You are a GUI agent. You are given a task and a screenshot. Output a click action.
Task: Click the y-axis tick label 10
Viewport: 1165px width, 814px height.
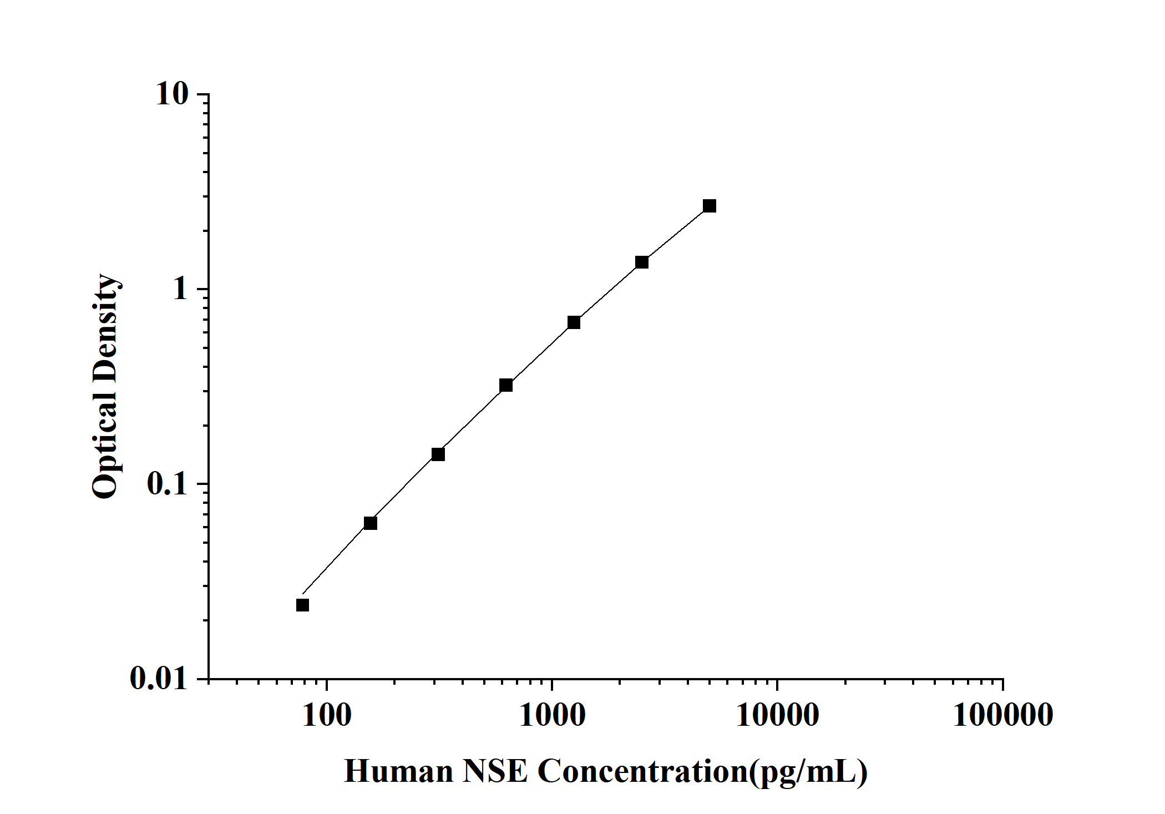pyautogui.click(x=172, y=94)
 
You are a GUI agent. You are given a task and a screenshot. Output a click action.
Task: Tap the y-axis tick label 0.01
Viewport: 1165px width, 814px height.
pyautogui.click(x=159, y=678)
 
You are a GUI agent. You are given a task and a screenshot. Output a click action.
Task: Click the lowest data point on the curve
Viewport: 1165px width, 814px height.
pyautogui.click(x=302, y=605)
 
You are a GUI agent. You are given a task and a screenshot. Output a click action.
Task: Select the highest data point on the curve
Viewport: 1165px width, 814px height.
pyautogui.click(x=710, y=206)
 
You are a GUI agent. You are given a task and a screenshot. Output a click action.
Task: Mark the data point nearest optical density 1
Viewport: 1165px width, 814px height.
pyautogui.click(x=642, y=262)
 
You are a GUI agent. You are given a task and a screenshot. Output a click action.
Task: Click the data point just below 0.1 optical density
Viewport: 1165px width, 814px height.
pyautogui.click(x=371, y=523)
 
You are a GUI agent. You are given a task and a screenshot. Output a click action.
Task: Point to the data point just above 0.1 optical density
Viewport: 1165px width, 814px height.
pyautogui.click(x=438, y=454)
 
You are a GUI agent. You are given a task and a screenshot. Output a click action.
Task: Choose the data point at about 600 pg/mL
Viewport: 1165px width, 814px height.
pyautogui.click(x=506, y=385)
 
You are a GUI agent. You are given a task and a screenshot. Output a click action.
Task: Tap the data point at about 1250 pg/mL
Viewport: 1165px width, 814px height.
pyautogui.click(x=574, y=322)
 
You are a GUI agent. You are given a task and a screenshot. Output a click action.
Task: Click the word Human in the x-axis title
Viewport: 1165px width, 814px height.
pyautogui.click(x=398, y=771)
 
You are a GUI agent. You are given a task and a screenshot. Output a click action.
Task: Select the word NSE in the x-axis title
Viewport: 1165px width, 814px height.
pyautogui.click(x=495, y=771)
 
